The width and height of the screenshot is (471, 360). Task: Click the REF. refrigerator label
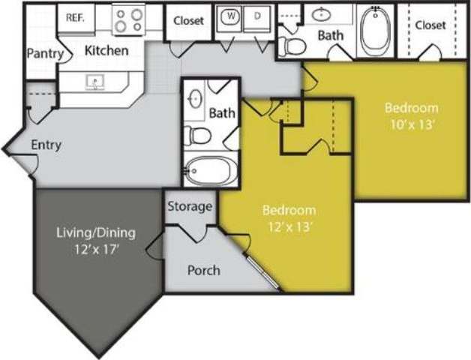pyautogui.click(x=74, y=17)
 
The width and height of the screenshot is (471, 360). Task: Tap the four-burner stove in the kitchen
pyautogui.click(x=128, y=19)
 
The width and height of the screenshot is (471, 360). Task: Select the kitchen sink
pyautogui.click(x=95, y=80)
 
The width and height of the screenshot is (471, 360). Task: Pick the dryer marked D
pyautogui.click(x=256, y=16)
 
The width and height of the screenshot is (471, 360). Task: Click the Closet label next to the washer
pyautogui.click(x=188, y=21)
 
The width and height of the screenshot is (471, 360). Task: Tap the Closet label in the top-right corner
pyautogui.click(x=430, y=25)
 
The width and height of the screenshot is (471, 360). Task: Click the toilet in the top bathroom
pyautogui.click(x=294, y=46)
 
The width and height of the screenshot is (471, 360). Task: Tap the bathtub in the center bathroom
pyautogui.click(x=208, y=171)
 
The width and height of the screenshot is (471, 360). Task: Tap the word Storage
pyautogui.click(x=189, y=206)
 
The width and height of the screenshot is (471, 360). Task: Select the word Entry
pyautogui.click(x=46, y=145)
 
